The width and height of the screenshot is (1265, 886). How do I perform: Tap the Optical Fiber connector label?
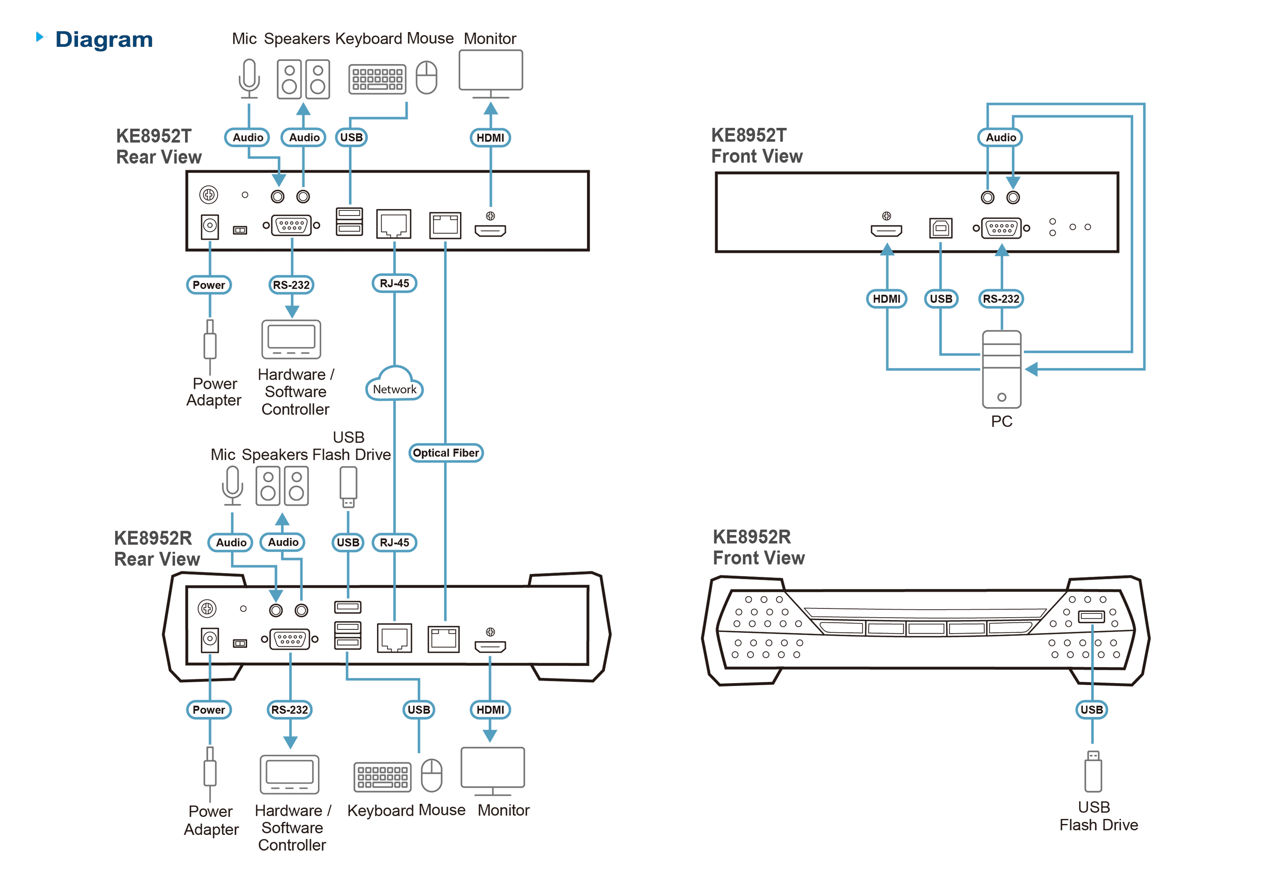click(446, 453)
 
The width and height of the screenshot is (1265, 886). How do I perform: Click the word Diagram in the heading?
click(104, 40)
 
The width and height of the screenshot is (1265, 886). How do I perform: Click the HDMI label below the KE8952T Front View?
click(886, 299)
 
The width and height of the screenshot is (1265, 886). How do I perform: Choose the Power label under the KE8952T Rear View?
click(209, 285)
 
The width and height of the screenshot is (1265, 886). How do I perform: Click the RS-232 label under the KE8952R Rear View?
click(290, 710)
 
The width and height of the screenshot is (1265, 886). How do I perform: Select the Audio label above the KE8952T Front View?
click(1000, 137)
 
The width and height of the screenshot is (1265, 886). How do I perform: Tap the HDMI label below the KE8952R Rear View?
click(490, 710)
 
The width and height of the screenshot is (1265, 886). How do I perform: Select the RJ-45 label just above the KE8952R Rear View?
click(395, 543)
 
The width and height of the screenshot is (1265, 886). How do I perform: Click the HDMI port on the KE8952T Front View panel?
click(886, 230)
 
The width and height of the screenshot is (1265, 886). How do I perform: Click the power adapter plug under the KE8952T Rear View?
click(210, 346)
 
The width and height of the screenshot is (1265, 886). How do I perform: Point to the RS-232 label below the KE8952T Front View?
click(1001, 299)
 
